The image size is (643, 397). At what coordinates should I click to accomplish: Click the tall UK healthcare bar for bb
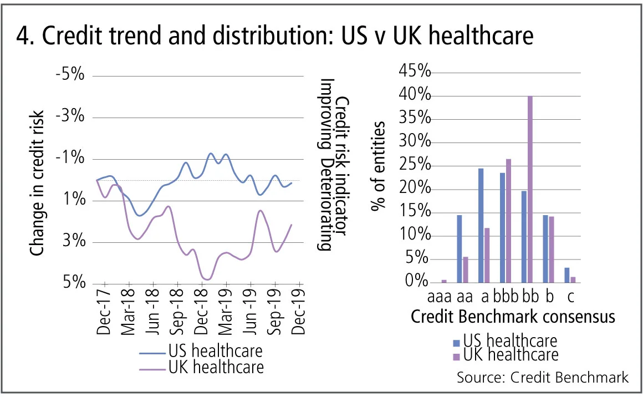[530, 189]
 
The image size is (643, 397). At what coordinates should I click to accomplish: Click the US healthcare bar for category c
[567, 275]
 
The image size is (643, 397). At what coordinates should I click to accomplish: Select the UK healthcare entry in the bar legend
[511, 354]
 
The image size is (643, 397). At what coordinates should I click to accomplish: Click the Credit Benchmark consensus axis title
[513, 317]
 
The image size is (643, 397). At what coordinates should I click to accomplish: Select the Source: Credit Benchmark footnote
[543, 378]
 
